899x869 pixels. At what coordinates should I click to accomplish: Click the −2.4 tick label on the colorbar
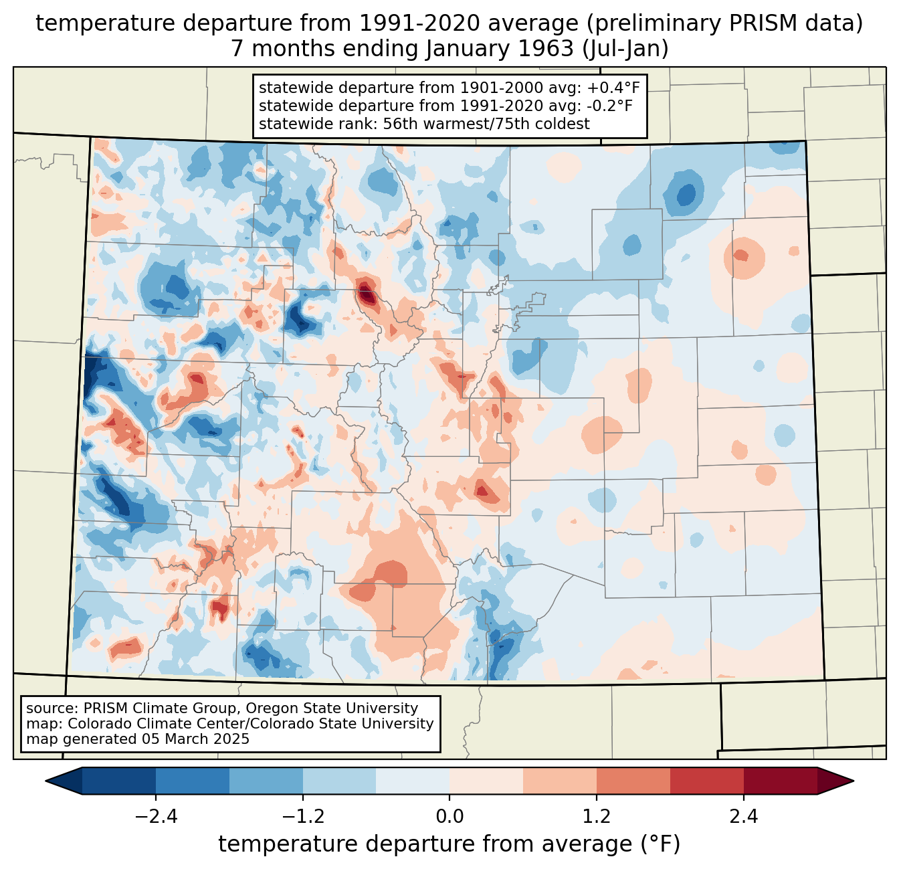(156, 817)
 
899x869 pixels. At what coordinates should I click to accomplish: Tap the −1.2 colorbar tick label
(303, 817)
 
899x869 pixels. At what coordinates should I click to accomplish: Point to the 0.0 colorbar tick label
(449, 817)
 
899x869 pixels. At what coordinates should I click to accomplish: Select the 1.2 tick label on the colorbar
(597, 817)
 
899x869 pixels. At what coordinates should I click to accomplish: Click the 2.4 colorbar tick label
(743, 817)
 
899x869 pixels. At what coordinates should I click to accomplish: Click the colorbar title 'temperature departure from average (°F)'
(449, 844)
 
